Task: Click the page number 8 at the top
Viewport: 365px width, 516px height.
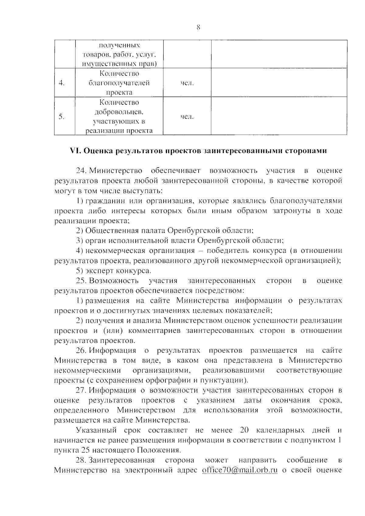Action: coord(198,28)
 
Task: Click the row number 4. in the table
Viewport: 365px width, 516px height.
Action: coord(62,83)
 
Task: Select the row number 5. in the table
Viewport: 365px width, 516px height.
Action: coord(62,117)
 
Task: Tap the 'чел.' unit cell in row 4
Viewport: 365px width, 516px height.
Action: coord(187,83)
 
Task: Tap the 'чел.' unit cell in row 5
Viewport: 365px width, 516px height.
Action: coord(187,117)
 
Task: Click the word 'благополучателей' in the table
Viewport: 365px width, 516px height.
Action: coord(119,83)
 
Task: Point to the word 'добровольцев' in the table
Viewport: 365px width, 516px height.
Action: coord(119,112)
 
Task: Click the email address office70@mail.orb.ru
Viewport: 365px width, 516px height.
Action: coord(240,470)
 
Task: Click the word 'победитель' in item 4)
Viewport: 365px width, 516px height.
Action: coord(225,251)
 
